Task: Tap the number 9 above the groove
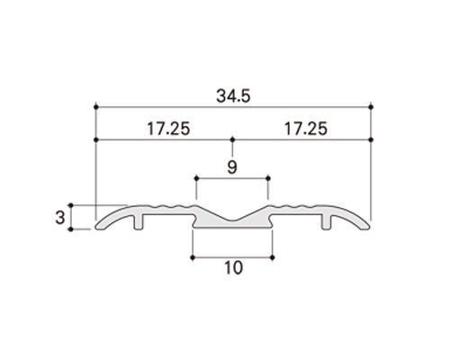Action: [231, 166]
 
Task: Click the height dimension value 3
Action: [59, 217]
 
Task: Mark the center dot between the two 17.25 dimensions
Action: [232, 140]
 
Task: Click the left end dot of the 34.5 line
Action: [94, 107]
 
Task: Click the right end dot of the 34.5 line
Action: [371, 107]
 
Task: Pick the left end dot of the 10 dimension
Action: [192, 258]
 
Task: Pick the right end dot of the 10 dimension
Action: [272, 258]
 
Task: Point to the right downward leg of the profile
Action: [326, 224]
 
